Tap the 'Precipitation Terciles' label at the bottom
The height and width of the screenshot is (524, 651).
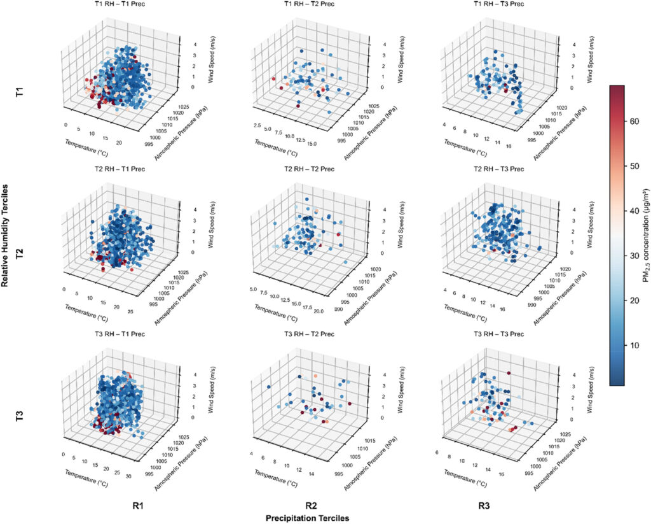pos(307,518)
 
